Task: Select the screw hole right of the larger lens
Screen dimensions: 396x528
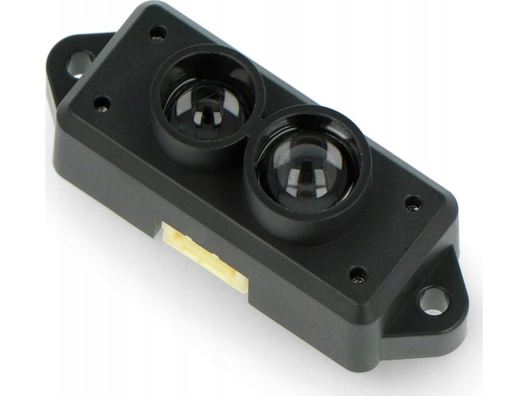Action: click(x=414, y=201)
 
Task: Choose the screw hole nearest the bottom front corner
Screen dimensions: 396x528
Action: click(x=357, y=275)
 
